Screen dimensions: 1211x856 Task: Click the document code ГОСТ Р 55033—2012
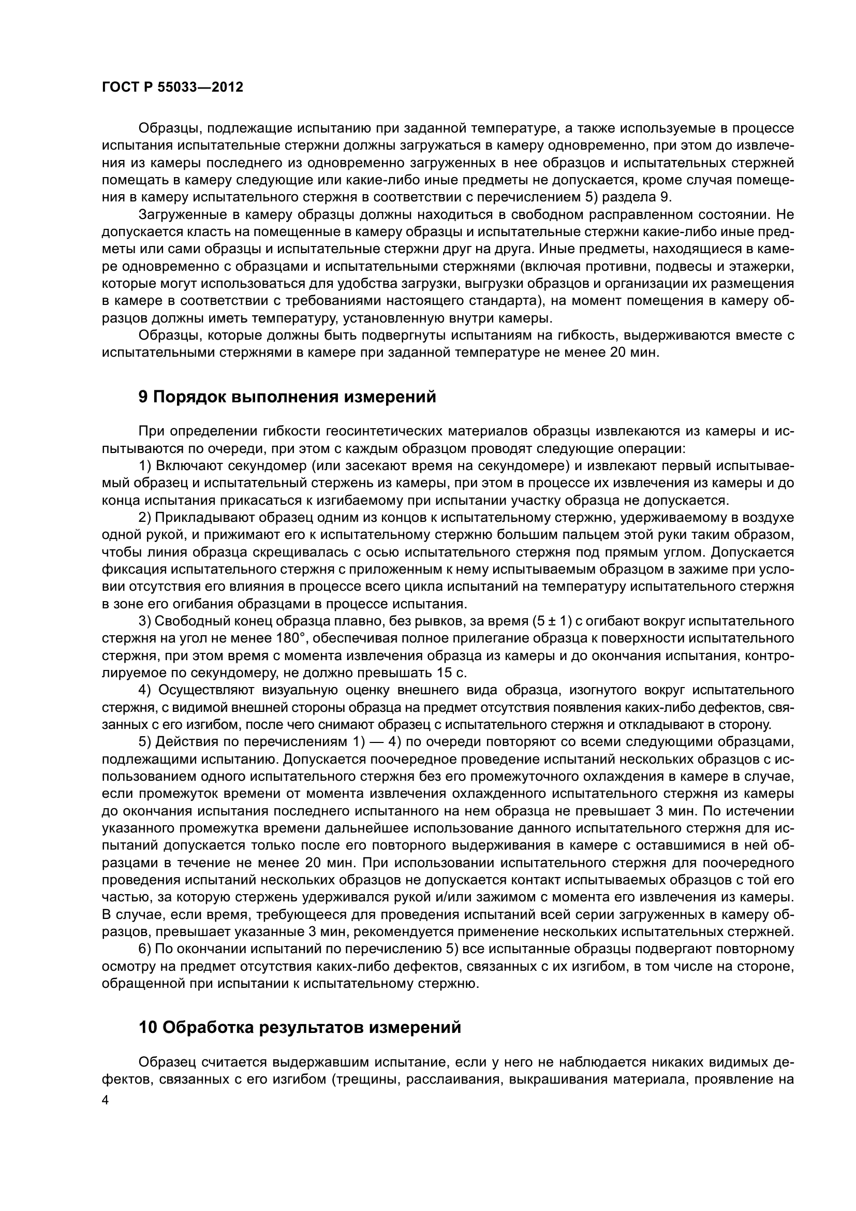coord(172,87)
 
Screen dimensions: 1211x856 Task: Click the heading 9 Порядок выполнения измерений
coord(287,396)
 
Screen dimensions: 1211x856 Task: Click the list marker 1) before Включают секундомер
coord(145,466)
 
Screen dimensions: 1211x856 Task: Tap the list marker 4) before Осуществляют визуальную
coord(145,691)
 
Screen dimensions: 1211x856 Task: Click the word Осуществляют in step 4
coord(206,691)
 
